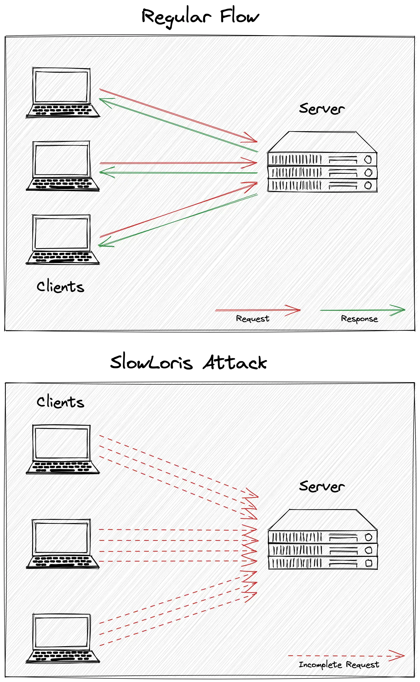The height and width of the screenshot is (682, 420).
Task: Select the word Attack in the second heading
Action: point(235,362)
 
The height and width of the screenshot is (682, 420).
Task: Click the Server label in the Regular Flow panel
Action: point(322,109)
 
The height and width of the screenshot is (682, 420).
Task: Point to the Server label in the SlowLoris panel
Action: point(322,486)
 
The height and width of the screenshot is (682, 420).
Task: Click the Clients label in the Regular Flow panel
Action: point(60,286)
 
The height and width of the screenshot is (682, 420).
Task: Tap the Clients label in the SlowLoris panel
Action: point(60,402)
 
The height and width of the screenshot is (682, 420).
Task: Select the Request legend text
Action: point(253,319)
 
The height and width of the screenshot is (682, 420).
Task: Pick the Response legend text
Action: point(359,319)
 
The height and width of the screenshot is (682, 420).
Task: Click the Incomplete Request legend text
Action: point(339,664)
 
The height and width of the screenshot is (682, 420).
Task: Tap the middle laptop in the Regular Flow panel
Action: point(62,166)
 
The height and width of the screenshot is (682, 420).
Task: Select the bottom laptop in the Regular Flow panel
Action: point(62,239)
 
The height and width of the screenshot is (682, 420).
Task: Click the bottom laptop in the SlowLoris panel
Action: point(62,638)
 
